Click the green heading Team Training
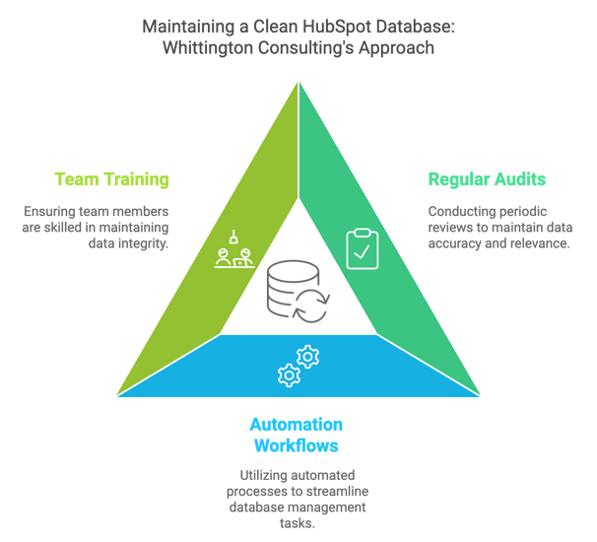point(111,179)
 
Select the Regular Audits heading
point(487,179)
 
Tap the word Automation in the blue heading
point(296,425)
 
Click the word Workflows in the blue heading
point(296,445)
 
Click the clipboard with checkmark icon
point(362,248)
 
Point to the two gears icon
point(298,365)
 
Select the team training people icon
point(235,252)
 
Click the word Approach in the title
point(398,48)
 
